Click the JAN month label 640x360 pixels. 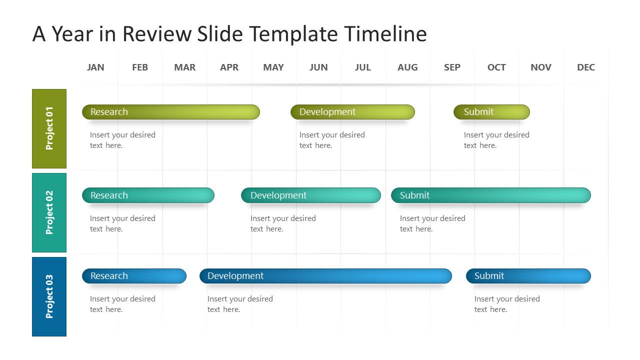point(95,67)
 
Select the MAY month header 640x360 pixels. point(273,67)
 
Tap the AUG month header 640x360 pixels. point(407,67)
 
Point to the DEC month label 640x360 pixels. point(585,67)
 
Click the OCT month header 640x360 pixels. point(496,67)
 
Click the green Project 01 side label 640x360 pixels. point(49,128)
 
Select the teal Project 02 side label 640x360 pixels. point(49,212)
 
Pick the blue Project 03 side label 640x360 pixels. point(49,296)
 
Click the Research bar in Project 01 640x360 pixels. point(170,112)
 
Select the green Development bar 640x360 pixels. point(352,112)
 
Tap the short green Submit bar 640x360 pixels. point(491,112)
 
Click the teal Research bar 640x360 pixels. point(148,195)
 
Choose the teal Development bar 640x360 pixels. point(310,195)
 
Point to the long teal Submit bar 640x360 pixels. point(490,195)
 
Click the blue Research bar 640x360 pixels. point(134,276)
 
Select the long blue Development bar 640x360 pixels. point(325,276)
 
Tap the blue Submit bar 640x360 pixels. point(528,276)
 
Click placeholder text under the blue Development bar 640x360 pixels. point(240,304)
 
